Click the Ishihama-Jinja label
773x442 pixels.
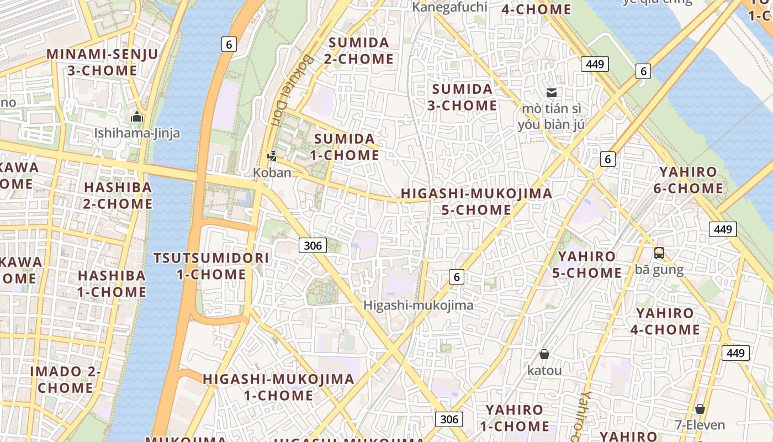pyautogui.click(x=137, y=133)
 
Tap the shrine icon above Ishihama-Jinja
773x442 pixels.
pyautogui.click(x=136, y=117)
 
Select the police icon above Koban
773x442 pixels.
pyautogui.click(x=272, y=157)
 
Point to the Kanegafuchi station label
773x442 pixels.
pyautogui.click(x=450, y=7)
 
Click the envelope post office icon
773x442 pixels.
pyautogui.click(x=551, y=93)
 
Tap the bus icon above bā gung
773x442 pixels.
pyautogui.click(x=659, y=253)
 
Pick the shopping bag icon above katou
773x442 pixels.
pyautogui.click(x=544, y=354)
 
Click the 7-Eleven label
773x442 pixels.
pyautogui.click(x=700, y=425)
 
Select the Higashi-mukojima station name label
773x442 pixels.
pyautogui.click(x=419, y=305)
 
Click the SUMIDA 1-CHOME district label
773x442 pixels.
pyautogui.click(x=345, y=147)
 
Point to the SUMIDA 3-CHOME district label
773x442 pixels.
pyautogui.click(x=462, y=97)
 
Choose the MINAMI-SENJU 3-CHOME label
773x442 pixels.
pyautogui.click(x=103, y=62)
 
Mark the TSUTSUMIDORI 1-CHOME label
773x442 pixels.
pyautogui.click(x=211, y=266)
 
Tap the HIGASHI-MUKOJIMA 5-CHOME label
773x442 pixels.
pyautogui.click(x=476, y=202)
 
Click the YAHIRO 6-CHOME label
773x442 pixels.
pyautogui.click(x=688, y=180)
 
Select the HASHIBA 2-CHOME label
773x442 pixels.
pyautogui.click(x=118, y=196)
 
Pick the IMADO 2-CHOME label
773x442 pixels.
pyautogui.click(x=65, y=380)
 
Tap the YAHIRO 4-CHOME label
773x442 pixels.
pyautogui.click(x=665, y=322)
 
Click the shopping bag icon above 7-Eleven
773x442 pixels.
pyautogui.click(x=700, y=409)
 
